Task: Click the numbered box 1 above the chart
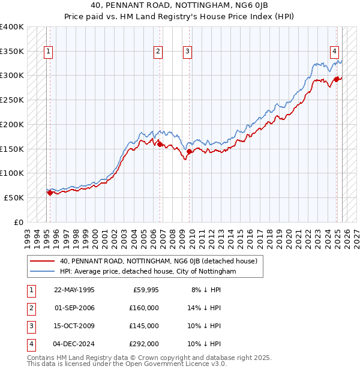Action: pos(47,52)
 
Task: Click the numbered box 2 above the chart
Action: pos(158,52)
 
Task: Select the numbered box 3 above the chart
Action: pos(188,52)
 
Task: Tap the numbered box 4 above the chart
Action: pos(334,52)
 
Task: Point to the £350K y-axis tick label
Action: pos(12,52)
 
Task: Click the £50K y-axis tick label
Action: pos(14,197)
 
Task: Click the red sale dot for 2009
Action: pos(190,152)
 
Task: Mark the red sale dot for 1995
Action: pos(50,193)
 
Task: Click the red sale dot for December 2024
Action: pos(337,79)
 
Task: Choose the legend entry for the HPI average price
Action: pos(148,271)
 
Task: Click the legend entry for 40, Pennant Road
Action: pos(158,261)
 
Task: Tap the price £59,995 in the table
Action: pos(145,289)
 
